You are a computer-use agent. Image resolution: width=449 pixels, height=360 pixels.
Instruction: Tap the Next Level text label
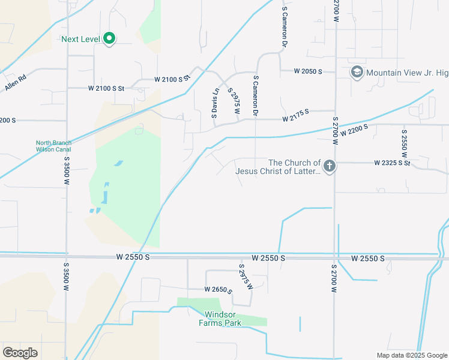81,40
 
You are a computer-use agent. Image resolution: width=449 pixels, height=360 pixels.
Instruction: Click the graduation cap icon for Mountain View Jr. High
357,73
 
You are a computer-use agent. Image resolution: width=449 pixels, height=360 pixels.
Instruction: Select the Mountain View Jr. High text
407,73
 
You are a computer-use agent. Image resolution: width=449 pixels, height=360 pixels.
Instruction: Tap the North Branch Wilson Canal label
53,146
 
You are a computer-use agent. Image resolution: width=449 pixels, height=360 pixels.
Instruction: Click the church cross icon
328,166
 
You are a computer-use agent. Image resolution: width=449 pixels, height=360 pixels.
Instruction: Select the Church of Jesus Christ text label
278,167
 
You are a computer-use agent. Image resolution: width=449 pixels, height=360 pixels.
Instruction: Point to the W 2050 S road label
308,71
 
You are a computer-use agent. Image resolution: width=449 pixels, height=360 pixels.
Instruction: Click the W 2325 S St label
391,163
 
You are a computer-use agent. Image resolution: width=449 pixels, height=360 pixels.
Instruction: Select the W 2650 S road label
218,290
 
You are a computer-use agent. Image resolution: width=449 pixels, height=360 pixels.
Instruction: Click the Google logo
20,353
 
